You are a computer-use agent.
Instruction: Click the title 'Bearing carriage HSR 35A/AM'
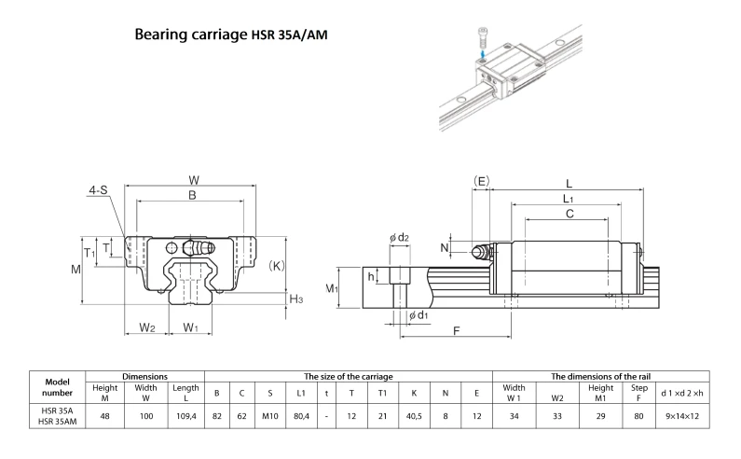[x=230, y=35]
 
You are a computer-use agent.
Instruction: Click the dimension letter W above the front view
[x=193, y=179]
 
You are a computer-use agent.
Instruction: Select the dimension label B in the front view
[x=192, y=196]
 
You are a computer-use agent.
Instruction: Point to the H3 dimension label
[x=296, y=299]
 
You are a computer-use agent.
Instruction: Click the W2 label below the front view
[x=146, y=327]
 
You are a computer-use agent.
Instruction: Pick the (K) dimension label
[x=277, y=265]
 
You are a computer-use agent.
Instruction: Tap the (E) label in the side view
[x=481, y=179]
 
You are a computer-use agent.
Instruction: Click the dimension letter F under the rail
[x=456, y=331]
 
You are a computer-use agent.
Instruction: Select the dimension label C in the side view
[x=569, y=215]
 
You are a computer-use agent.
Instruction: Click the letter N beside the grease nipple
[x=444, y=247]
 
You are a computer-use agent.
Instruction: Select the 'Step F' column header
[x=639, y=393]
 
